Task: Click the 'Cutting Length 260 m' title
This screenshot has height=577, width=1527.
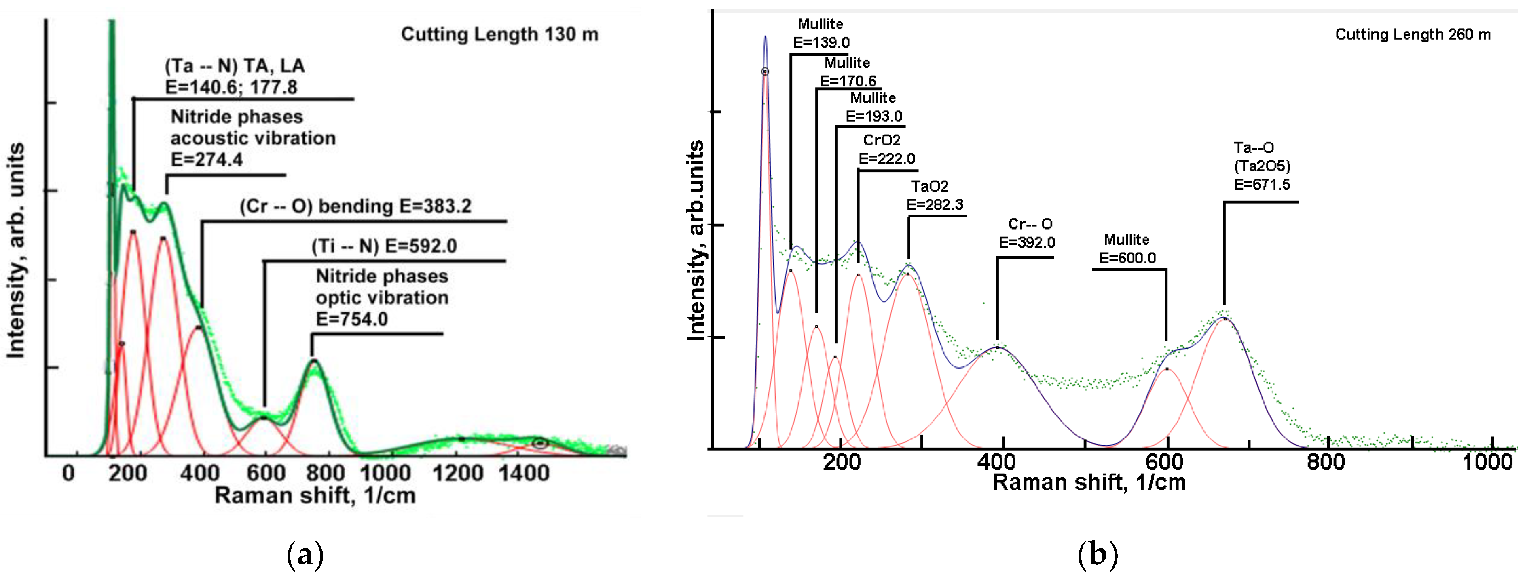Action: [x=1412, y=34]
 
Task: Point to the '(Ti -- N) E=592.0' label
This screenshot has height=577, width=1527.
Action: [x=384, y=246]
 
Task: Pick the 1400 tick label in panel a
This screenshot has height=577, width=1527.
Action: [x=524, y=473]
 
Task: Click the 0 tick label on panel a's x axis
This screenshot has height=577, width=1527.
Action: [x=69, y=473]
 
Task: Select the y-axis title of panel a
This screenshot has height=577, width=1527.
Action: [x=16, y=250]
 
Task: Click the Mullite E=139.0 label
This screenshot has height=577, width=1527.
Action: [x=821, y=33]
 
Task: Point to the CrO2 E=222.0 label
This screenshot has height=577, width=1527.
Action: [x=886, y=149]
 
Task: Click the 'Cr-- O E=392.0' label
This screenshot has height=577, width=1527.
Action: [x=1027, y=233]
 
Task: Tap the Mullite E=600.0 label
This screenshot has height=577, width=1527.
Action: [x=1127, y=249]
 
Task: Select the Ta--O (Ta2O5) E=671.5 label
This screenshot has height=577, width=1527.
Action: [x=1261, y=166]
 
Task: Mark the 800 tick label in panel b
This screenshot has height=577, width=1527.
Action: [x=1326, y=461]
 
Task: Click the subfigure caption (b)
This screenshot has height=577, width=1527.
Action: [x=1097, y=554]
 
